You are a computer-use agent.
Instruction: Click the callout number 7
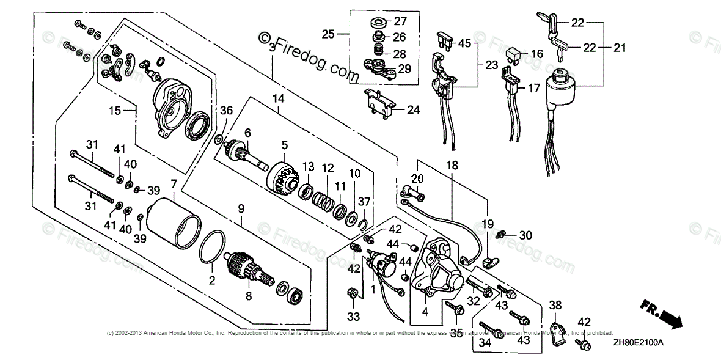tap(174, 183)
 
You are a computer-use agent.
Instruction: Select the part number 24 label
tap(414, 111)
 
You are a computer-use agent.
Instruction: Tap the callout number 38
tap(554, 305)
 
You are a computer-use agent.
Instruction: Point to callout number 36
tap(227, 111)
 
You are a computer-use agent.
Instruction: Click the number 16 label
tap(536, 54)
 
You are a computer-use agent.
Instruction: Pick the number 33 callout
tap(353, 317)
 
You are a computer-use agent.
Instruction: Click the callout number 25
tap(328, 34)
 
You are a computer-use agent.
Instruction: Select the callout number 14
tap(279, 98)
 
